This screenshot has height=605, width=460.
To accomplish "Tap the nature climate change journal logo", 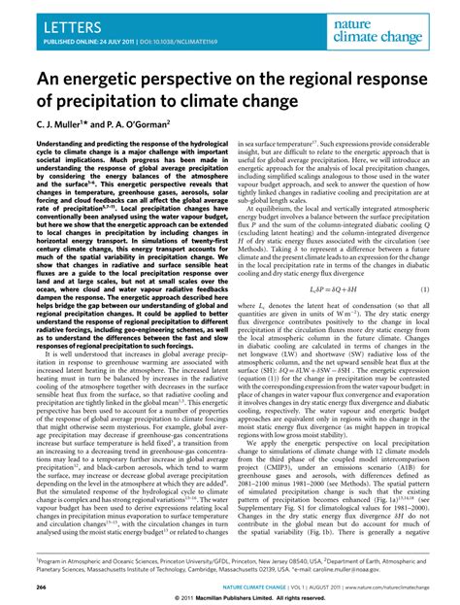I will [x=401, y=26].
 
